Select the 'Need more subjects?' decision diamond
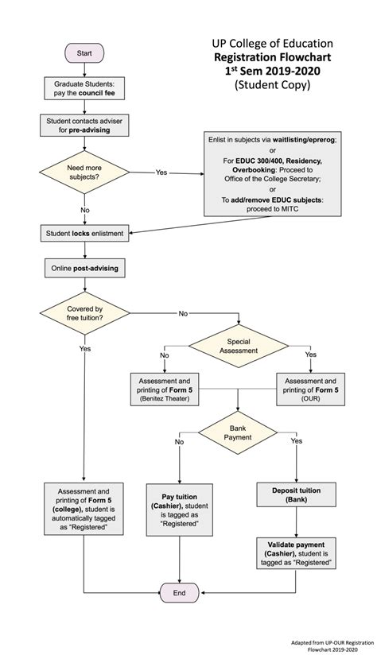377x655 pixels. point(84,172)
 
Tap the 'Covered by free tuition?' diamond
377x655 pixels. point(84,314)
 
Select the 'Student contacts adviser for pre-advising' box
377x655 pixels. point(84,125)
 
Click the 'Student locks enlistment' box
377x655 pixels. point(84,233)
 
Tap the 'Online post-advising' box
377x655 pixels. point(84,269)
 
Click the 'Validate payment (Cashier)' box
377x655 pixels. point(295,551)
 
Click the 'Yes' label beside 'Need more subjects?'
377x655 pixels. point(161,172)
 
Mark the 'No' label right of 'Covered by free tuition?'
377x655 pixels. point(183,313)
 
